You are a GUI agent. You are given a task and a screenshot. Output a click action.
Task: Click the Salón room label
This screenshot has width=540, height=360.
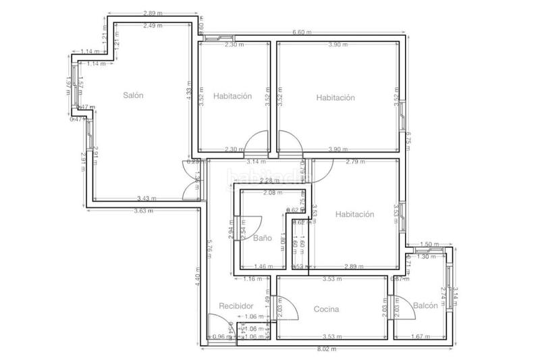click(134, 96)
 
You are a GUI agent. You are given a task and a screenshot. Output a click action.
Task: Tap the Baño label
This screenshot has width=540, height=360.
click(262, 238)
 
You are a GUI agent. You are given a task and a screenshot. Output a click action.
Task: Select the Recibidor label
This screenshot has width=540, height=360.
click(236, 306)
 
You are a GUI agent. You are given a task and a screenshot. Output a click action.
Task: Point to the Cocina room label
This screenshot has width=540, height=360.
click(326, 309)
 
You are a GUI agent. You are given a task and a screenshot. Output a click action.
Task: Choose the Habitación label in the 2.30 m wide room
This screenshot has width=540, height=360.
click(232, 97)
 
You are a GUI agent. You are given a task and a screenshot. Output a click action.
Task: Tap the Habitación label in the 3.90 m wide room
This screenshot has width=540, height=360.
click(335, 97)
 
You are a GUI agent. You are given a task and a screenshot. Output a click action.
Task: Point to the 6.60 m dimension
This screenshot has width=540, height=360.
click(302, 32)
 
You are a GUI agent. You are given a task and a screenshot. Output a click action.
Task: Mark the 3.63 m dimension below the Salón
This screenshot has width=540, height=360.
click(142, 210)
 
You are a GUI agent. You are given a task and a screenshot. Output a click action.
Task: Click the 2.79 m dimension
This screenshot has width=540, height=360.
click(355, 161)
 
